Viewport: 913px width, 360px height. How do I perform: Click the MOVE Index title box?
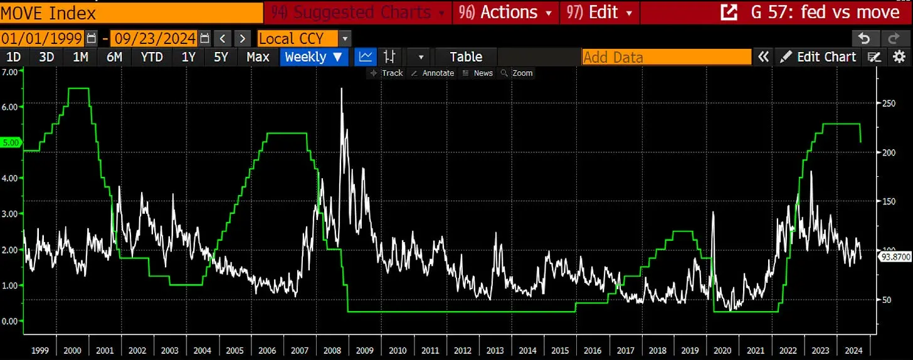pyautogui.click(x=131, y=13)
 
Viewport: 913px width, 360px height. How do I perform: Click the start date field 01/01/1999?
pyautogui.click(x=42, y=38)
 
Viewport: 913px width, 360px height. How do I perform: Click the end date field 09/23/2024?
pyautogui.click(x=153, y=38)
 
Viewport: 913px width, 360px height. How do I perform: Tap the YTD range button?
pyautogui.click(x=152, y=57)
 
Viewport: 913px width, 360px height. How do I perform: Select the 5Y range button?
pyautogui.click(x=221, y=57)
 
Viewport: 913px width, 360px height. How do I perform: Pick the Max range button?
pyautogui.click(x=258, y=57)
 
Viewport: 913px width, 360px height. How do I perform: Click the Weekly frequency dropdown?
pyautogui.click(x=314, y=57)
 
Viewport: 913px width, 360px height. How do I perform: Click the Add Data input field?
pyautogui.click(x=666, y=57)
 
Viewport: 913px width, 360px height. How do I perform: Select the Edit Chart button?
pyautogui.click(x=818, y=57)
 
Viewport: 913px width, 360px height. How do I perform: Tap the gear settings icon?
pyautogui.click(x=899, y=57)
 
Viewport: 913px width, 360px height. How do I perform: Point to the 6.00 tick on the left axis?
pyautogui.click(x=10, y=107)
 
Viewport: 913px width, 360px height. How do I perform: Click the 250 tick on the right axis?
pyautogui.click(x=886, y=103)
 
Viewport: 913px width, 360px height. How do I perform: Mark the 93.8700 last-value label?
pyautogui.click(x=894, y=257)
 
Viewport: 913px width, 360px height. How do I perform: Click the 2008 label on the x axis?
pyautogui.click(x=332, y=350)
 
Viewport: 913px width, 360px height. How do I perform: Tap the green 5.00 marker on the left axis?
pyautogui.click(x=11, y=142)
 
